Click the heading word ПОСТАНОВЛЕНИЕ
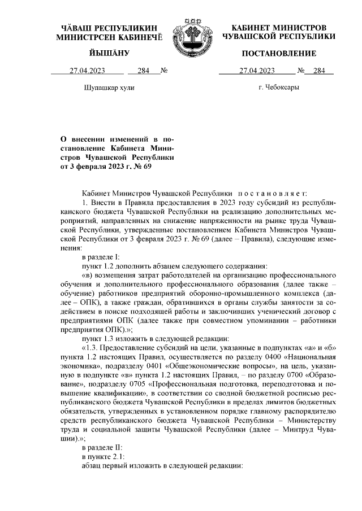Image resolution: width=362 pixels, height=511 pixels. point(279,54)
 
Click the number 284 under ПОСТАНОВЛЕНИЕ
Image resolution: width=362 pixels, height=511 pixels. point(320,71)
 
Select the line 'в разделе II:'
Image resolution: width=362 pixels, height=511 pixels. point(102,450)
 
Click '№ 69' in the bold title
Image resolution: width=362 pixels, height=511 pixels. point(142,167)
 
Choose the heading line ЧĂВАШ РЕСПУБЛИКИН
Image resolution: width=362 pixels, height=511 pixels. point(109,28)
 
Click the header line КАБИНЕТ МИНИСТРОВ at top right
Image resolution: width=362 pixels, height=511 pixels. point(279,28)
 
